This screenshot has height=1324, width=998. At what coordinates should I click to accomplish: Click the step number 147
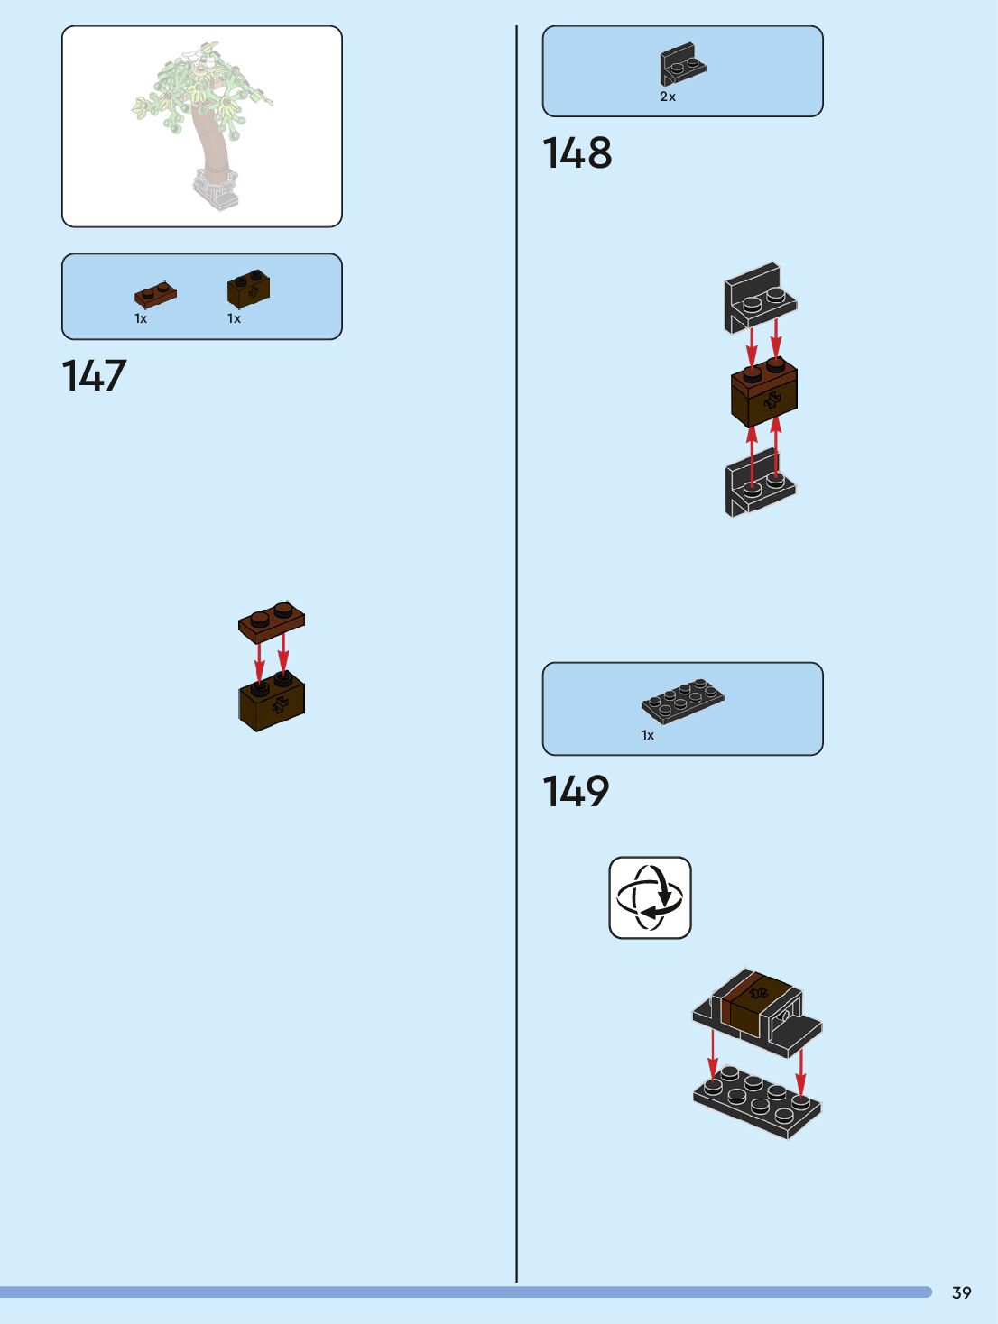click(x=94, y=376)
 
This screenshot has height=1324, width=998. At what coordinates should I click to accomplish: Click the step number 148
click(x=577, y=153)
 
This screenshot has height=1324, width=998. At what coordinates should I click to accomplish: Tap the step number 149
click(x=576, y=792)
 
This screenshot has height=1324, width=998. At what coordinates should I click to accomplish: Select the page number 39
click(x=961, y=1292)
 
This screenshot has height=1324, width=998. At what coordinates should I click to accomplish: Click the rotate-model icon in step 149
click(x=650, y=897)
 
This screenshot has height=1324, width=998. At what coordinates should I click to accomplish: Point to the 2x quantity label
click(x=668, y=97)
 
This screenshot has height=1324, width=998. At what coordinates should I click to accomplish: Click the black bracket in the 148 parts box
click(x=681, y=64)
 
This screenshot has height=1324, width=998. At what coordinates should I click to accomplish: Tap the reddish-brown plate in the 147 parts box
click(x=155, y=294)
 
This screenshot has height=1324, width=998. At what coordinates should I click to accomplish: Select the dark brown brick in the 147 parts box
click(x=248, y=289)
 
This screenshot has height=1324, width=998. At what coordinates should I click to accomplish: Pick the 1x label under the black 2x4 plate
click(x=648, y=735)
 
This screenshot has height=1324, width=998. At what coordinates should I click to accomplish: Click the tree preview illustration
click(x=202, y=126)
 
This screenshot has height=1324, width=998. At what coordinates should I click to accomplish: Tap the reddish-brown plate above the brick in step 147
click(x=272, y=621)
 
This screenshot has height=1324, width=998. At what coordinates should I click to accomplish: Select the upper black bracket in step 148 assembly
click(x=760, y=297)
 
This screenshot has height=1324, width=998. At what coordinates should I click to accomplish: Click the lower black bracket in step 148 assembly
click(x=760, y=484)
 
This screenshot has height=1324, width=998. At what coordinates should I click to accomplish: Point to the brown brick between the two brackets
click(x=764, y=394)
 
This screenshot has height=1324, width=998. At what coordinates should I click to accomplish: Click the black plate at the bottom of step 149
click(x=757, y=1101)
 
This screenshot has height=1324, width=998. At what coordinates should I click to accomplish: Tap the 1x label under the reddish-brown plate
click(x=141, y=318)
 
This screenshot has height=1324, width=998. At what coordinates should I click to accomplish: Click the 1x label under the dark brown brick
click(x=234, y=318)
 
